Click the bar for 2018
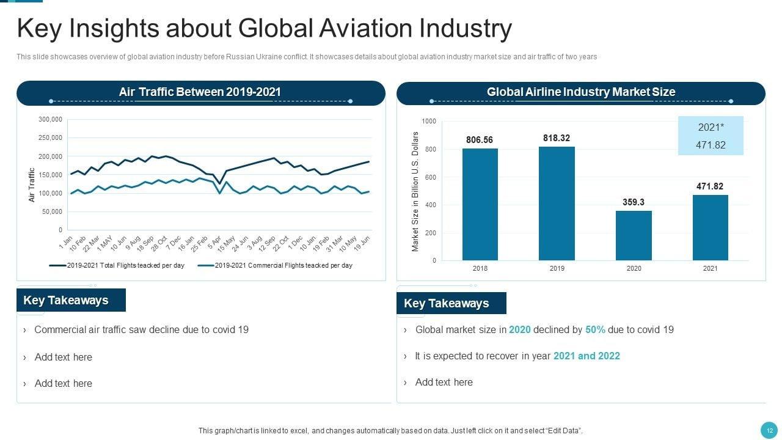click(x=480, y=204)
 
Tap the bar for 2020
click(x=634, y=235)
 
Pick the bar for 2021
click(x=710, y=227)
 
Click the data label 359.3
click(x=634, y=202)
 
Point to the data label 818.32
click(x=557, y=138)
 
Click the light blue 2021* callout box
click(x=711, y=136)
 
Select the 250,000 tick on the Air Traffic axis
click(x=51, y=138)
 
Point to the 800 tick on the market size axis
click(x=429, y=150)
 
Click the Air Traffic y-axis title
click(x=32, y=185)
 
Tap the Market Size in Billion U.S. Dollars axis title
click(x=415, y=191)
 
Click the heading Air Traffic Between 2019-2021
click(x=200, y=92)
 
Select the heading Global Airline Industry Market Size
click(x=580, y=92)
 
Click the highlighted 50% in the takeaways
click(x=595, y=330)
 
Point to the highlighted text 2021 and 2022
click(x=586, y=356)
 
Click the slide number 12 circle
click(x=767, y=430)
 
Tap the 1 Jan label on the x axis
click(x=66, y=242)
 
